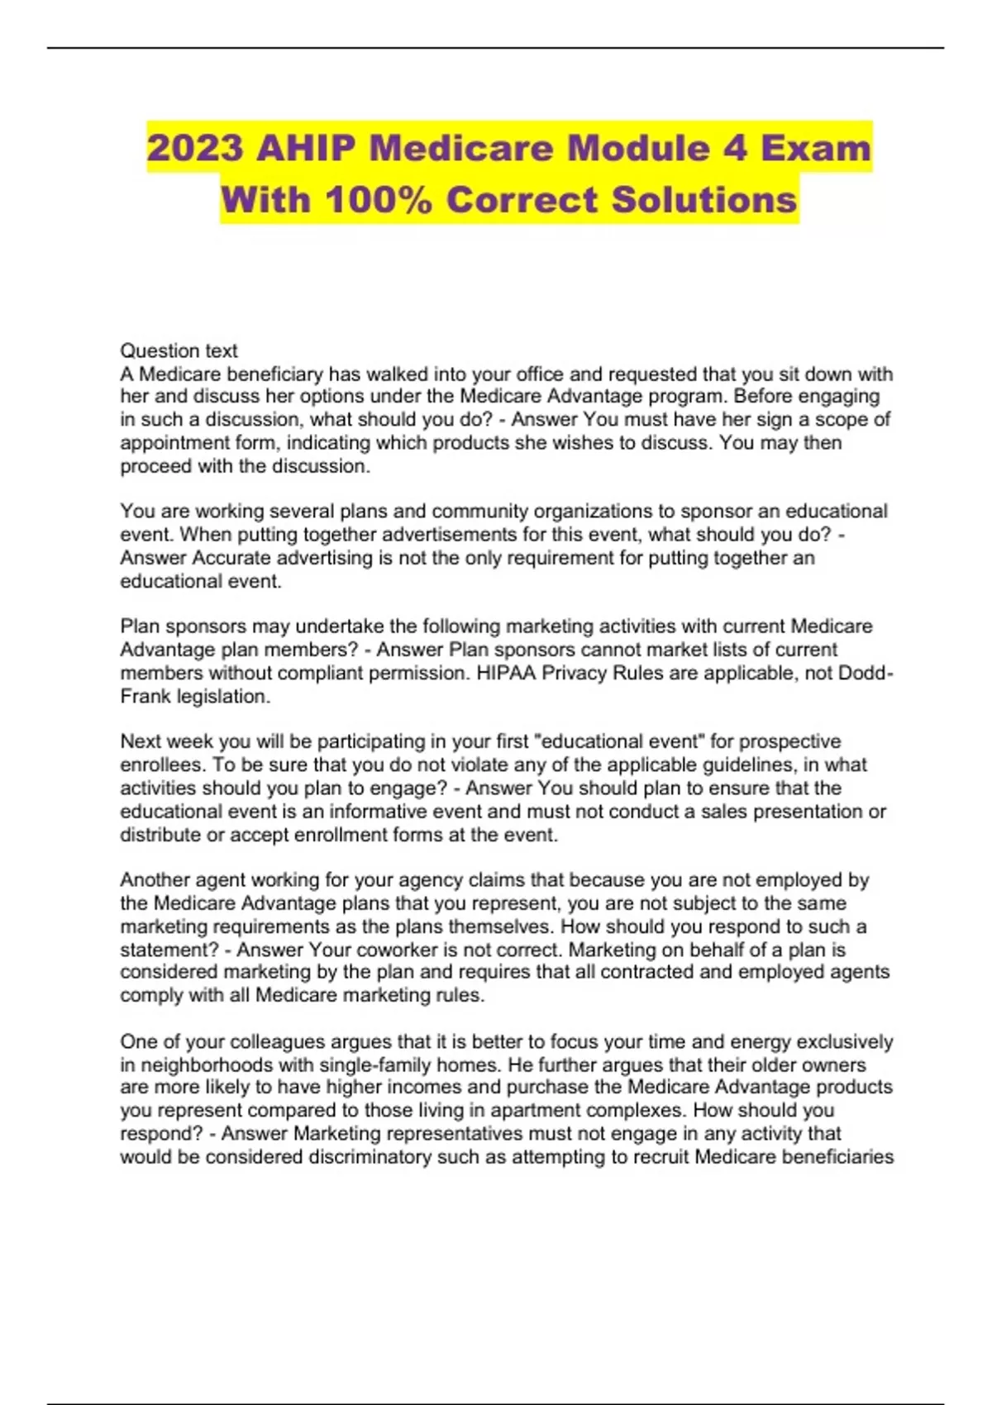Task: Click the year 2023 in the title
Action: (x=195, y=148)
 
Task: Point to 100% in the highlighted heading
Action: (x=378, y=200)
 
